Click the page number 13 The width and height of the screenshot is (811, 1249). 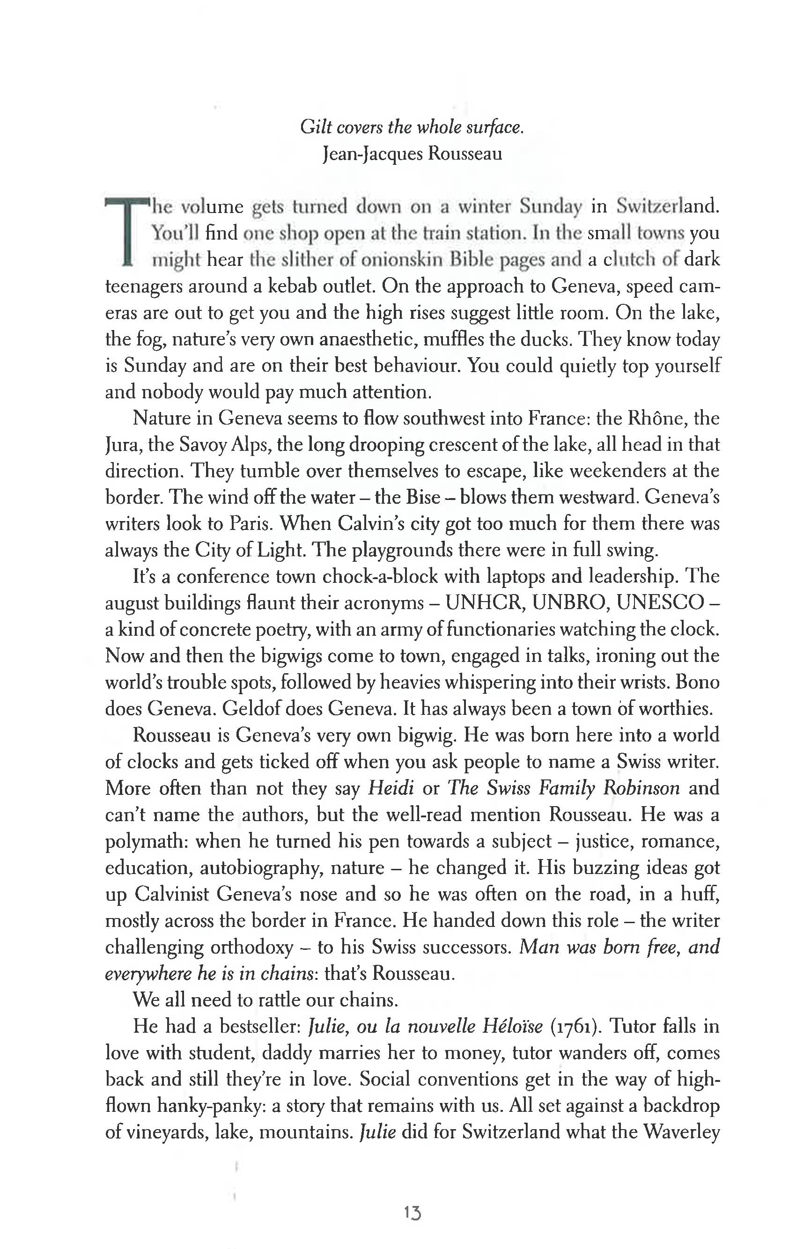(x=413, y=1213)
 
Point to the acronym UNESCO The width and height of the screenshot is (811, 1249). (x=659, y=603)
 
